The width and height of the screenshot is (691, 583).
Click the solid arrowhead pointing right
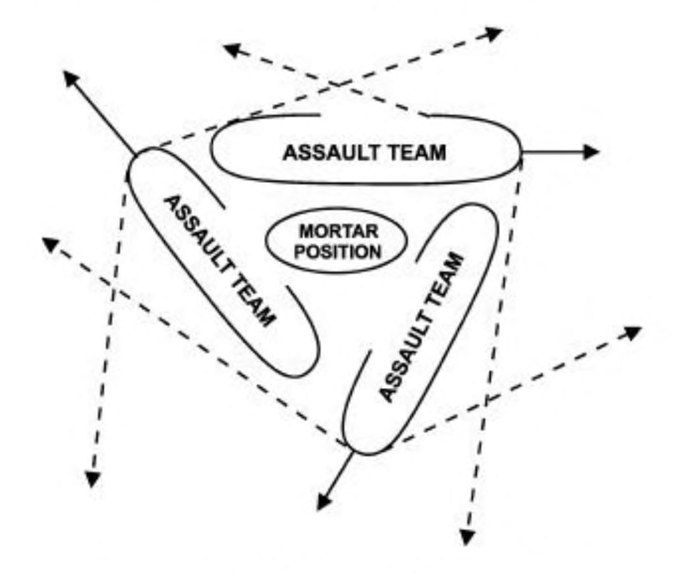point(591,151)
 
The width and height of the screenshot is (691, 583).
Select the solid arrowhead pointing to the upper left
point(73,79)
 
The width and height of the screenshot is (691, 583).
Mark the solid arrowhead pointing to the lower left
point(325,501)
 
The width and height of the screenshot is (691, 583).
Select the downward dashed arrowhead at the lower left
point(93,479)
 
